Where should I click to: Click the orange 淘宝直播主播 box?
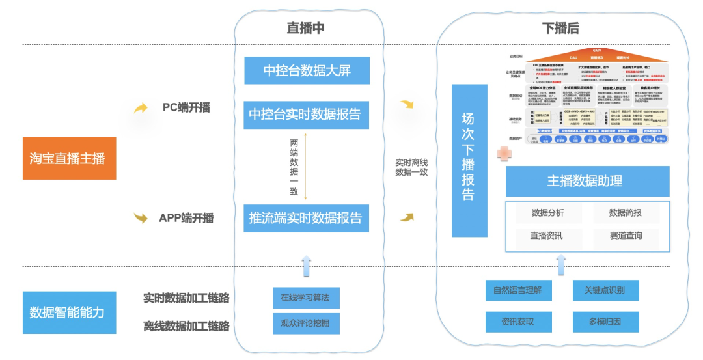click(x=69, y=158)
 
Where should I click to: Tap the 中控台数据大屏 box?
click(x=307, y=71)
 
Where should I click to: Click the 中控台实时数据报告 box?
click(x=305, y=115)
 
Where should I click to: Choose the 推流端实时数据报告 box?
click(x=305, y=218)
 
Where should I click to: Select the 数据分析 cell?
click(x=548, y=214)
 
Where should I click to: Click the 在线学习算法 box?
click(x=305, y=298)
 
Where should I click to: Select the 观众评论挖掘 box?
click(x=305, y=323)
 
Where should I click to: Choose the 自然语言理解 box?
click(x=518, y=290)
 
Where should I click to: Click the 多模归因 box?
click(x=606, y=322)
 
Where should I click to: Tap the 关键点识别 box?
click(x=606, y=290)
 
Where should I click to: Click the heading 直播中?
click(x=305, y=28)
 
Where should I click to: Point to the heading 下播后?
click(x=560, y=28)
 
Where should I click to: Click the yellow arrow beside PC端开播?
click(x=141, y=108)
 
